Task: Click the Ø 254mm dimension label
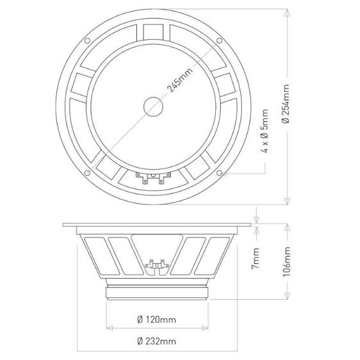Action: pyautogui.click(x=286, y=104)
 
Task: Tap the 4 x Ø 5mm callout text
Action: pyautogui.click(x=265, y=131)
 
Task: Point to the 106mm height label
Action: pyautogui.click(x=286, y=261)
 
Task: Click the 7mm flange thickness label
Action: pyautogui.click(x=256, y=258)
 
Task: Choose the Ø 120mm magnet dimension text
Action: pyautogui.click(x=156, y=320)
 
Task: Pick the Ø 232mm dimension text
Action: pyautogui.click(x=156, y=341)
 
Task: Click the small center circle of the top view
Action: pyautogui.click(x=153, y=106)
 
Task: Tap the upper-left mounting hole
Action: pyautogui.click(x=87, y=41)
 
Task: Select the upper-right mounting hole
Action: pyautogui.click(x=220, y=41)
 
